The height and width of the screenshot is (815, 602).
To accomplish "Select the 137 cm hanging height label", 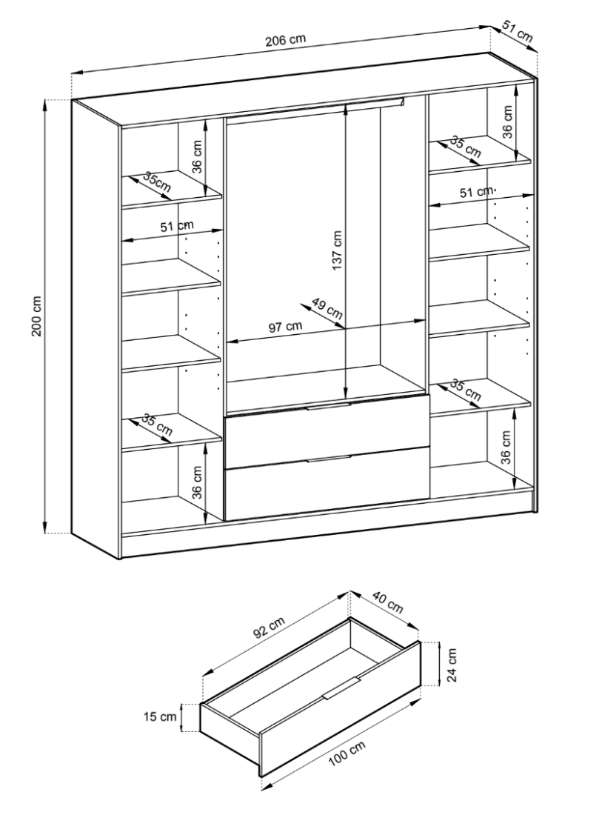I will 337,251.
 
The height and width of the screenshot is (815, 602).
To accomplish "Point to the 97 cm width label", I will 285,327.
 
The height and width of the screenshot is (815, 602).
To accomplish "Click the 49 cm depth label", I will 327,310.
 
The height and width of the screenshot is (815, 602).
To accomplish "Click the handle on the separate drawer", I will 341,687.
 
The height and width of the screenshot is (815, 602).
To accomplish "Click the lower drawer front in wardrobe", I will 327,490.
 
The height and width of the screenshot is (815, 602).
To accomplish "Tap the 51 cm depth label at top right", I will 516,31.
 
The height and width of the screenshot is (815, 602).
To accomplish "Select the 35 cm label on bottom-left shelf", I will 158,425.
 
